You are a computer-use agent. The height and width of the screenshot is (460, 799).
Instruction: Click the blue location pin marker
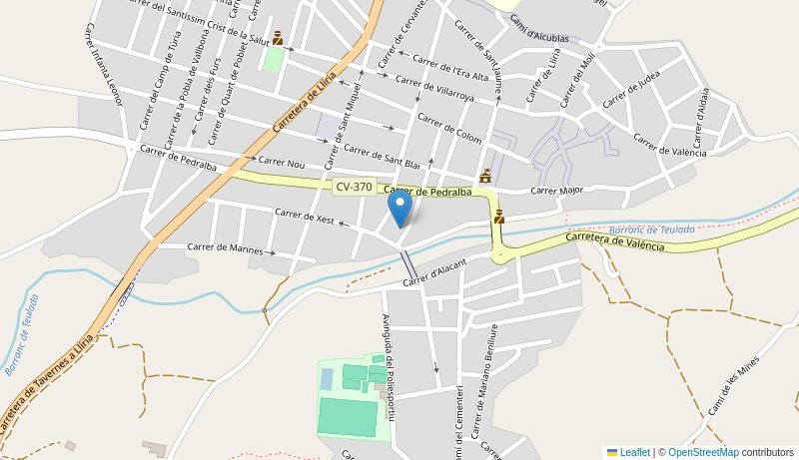pos(399,209)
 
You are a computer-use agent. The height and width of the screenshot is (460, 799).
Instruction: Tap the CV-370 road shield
pos(354,187)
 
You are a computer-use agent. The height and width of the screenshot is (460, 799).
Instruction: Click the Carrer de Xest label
pos(305,216)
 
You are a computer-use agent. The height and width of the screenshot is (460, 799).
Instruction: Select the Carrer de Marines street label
pos(225,247)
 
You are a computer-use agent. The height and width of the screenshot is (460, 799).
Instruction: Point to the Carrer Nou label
pos(282,162)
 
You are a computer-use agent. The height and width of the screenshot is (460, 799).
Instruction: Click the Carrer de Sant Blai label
pos(382,155)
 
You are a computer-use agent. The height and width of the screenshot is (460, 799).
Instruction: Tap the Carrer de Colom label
pos(448,129)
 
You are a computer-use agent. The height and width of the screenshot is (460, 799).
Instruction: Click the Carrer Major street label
pos(556,190)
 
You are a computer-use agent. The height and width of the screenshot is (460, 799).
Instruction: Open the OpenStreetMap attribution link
pos(703,452)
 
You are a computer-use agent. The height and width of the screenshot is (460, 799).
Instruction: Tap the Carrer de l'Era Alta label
pos(451,68)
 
